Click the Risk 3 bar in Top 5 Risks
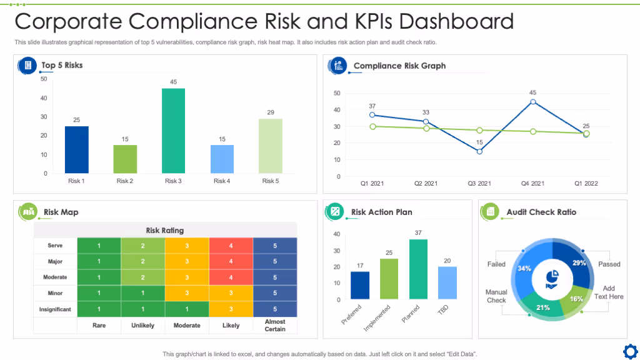(173, 131)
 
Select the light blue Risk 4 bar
(222, 159)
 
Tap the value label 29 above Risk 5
(271, 112)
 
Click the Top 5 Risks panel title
(62, 65)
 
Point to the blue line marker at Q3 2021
(479, 151)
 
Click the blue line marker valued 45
(533, 102)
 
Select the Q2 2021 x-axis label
(426, 184)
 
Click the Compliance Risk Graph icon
(338, 65)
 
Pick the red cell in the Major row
(231, 261)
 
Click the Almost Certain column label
(275, 325)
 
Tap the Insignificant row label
(55, 309)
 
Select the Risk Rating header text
(165, 231)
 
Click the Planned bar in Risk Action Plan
(418, 269)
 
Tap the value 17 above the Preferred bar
(360, 266)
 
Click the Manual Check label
(496, 296)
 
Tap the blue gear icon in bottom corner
(630, 349)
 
